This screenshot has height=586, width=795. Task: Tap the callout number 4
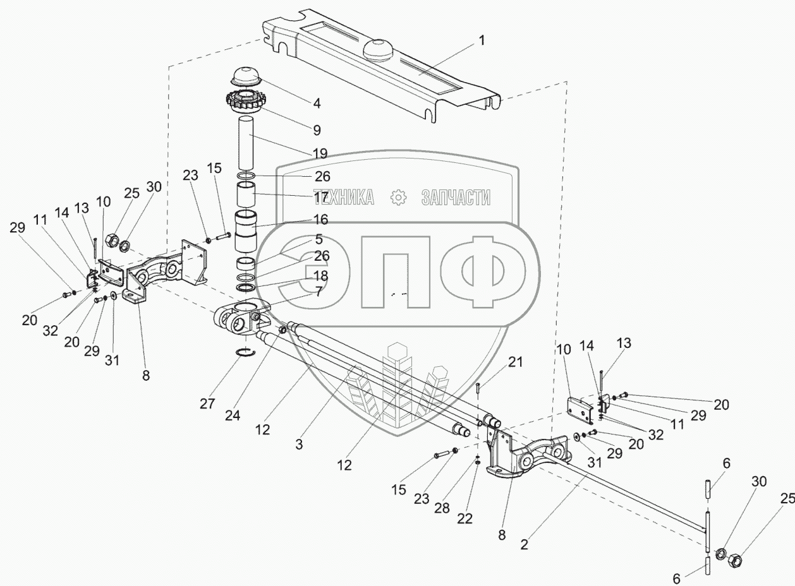[x=316, y=102]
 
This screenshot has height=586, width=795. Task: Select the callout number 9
[x=316, y=131]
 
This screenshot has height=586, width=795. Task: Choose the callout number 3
[x=299, y=445]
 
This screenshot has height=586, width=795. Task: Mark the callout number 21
[x=516, y=362]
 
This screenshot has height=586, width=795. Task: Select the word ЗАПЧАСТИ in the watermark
[x=455, y=198]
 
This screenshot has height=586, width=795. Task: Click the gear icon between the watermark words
[x=398, y=198]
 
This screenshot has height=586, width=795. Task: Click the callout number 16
[x=320, y=220]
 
